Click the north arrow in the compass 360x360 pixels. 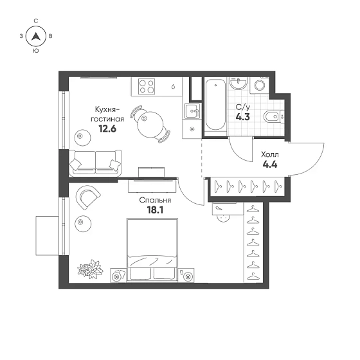click(x=36, y=36)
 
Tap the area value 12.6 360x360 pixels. click(x=107, y=129)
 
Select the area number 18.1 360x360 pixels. click(x=155, y=210)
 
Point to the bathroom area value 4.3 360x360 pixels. click(x=243, y=117)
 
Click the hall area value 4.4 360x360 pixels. click(x=270, y=165)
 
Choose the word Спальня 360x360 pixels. click(x=155, y=201)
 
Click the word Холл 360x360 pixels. click(x=270, y=155)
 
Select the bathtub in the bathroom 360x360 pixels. click(x=215, y=104)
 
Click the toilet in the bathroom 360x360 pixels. click(x=274, y=117)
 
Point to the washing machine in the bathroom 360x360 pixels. click(x=260, y=85)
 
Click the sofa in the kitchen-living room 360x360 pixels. click(x=95, y=163)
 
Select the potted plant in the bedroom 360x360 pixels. click(x=90, y=269)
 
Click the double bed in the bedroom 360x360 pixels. click(x=152, y=249)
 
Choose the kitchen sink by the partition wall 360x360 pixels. click(x=192, y=111)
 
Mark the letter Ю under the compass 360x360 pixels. click(x=36, y=51)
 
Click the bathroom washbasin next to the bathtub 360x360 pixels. click(x=239, y=83)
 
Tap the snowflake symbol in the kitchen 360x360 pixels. click(x=192, y=129)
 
